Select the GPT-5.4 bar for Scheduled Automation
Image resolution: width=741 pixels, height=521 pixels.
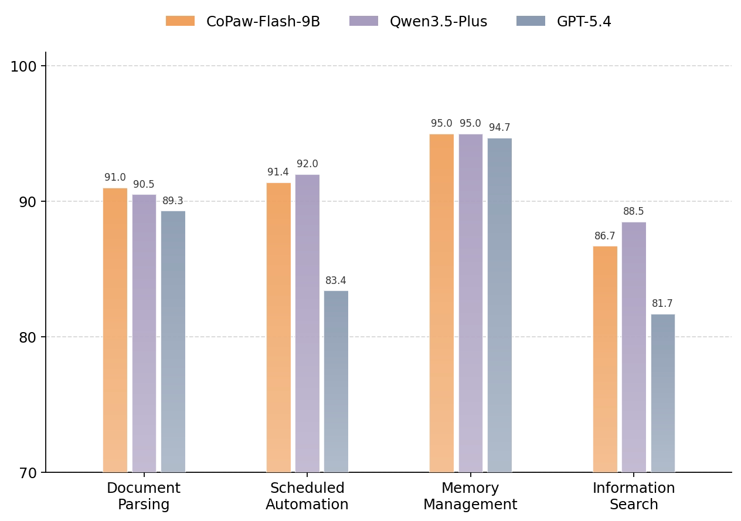tap(336, 381)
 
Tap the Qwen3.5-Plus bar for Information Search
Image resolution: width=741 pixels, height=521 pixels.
tap(634, 347)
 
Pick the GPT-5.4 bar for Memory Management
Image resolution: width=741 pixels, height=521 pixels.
tap(499, 305)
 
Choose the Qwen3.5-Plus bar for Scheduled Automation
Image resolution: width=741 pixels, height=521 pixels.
tap(307, 323)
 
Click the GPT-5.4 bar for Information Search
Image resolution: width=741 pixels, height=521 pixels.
tap(662, 393)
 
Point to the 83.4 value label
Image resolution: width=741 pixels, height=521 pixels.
tap(336, 281)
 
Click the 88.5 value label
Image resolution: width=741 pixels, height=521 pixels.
tap(634, 212)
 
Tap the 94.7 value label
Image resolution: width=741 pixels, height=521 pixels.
tap(499, 128)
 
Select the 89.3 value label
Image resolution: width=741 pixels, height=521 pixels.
tap(173, 201)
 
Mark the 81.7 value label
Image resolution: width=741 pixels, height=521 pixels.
tap(662, 304)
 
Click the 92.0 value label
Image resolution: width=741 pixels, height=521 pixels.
tap(307, 164)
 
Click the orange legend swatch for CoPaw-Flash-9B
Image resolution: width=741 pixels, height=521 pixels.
tap(180, 22)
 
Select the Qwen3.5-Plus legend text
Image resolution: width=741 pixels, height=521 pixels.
tap(439, 22)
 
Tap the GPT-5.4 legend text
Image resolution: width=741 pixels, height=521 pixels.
tap(584, 22)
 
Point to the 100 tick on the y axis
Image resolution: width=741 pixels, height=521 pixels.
tap(23, 66)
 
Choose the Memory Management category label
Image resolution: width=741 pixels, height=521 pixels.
tap(470, 496)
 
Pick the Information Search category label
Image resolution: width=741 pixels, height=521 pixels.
tap(634, 496)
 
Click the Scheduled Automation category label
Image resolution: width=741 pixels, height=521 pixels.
tap(307, 496)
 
